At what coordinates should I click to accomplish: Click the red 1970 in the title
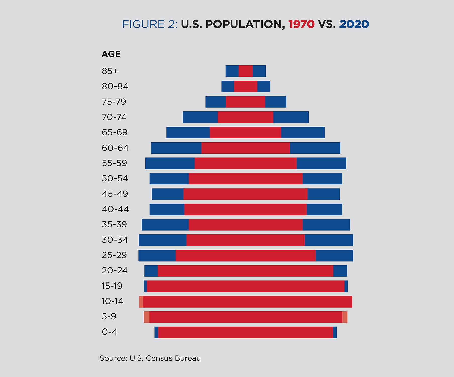click(301, 24)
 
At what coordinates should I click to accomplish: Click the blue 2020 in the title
click(354, 24)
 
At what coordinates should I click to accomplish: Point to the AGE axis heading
click(111, 54)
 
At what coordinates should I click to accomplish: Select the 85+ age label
click(110, 71)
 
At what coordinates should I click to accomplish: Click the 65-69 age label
click(115, 132)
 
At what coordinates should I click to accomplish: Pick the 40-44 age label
click(115, 209)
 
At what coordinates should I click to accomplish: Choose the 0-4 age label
click(109, 332)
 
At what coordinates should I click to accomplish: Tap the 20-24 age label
click(115, 270)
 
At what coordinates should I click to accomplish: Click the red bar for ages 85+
click(245, 71)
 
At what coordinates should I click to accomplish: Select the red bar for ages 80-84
click(245, 86)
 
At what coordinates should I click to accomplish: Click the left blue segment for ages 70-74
click(200, 117)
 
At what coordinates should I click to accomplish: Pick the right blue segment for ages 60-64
click(315, 148)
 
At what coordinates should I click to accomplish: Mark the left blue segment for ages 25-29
click(157, 256)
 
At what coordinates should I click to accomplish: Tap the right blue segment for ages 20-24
click(340, 271)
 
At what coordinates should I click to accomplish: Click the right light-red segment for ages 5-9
click(345, 317)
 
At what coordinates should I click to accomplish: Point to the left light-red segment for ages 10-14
click(141, 302)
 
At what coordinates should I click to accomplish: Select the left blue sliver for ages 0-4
click(156, 332)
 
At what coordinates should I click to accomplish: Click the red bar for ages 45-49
click(245, 194)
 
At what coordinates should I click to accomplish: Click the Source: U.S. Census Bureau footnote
click(150, 358)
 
